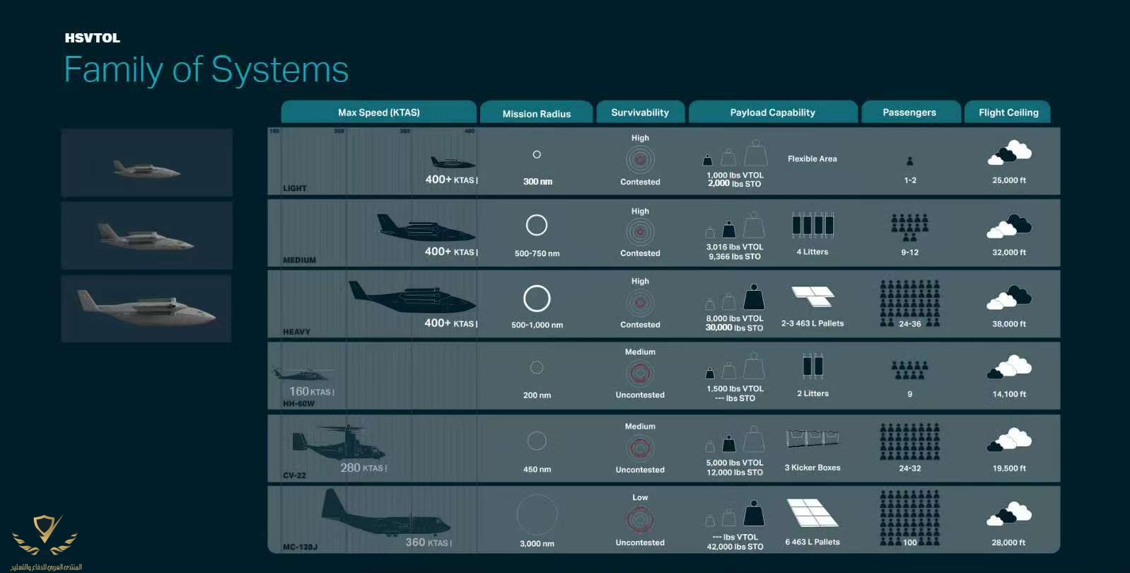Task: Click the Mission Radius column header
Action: [536, 113]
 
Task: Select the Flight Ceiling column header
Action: [1008, 112]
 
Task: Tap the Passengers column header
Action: [909, 112]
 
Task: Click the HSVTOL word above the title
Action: [93, 38]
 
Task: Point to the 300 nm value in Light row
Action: [537, 182]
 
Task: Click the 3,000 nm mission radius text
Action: [537, 543]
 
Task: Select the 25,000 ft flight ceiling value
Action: [1008, 180]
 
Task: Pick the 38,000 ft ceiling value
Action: [1008, 324]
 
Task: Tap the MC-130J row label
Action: [300, 547]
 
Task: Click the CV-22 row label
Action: [294, 475]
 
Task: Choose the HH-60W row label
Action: [298, 404]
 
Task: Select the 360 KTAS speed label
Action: [428, 543]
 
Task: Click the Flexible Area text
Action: [812, 159]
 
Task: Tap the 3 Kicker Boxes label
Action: [812, 468]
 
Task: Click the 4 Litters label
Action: [812, 252]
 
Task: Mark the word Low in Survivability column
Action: [640, 497]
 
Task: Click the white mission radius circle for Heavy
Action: [537, 299]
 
